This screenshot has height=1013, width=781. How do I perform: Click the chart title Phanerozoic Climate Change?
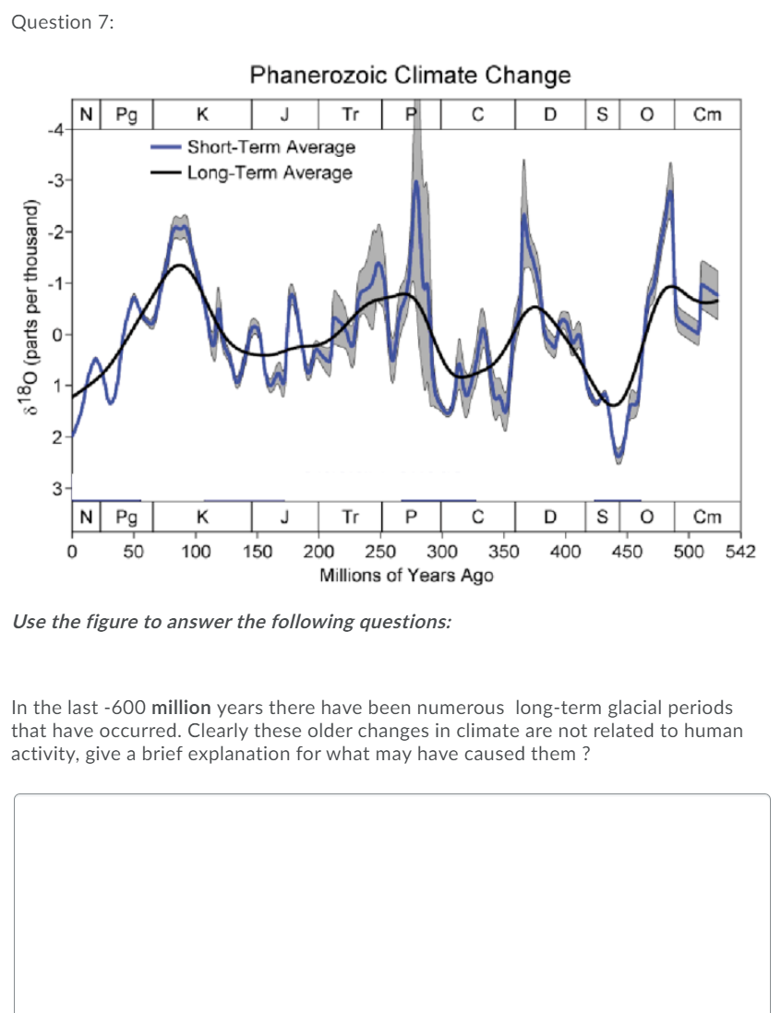pyautogui.click(x=410, y=75)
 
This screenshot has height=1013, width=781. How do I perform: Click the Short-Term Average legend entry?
pyautogui.click(x=270, y=147)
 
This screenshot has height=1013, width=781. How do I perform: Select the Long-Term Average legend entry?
pyautogui.click(x=269, y=173)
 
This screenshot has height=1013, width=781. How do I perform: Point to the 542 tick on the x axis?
pyautogui.click(x=741, y=552)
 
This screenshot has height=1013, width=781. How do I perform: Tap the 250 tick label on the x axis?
pyautogui.click(x=381, y=552)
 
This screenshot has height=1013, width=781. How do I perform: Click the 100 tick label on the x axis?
pyautogui.click(x=195, y=552)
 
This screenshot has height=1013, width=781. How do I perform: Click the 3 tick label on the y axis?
pyautogui.click(x=57, y=490)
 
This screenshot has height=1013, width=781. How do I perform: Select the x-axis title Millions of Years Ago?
pyautogui.click(x=406, y=576)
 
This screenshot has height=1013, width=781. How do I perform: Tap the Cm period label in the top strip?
pyautogui.click(x=707, y=114)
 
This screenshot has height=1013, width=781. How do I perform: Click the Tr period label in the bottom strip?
pyautogui.click(x=351, y=516)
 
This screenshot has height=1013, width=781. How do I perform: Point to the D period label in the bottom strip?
pyautogui.click(x=549, y=516)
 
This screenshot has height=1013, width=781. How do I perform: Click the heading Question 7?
pyautogui.click(x=62, y=23)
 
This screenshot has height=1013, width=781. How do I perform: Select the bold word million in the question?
pyautogui.click(x=181, y=709)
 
